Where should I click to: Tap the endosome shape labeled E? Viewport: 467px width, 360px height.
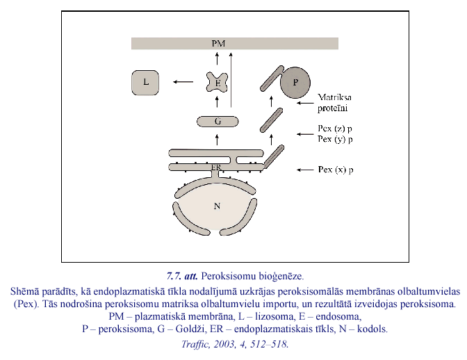(x=218, y=83)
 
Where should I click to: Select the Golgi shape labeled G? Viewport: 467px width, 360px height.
(x=218, y=122)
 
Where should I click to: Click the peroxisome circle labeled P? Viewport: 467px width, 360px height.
(x=297, y=83)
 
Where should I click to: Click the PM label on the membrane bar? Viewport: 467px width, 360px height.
(x=218, y=44)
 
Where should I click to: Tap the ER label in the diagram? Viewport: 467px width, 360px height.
(x=217, y=167)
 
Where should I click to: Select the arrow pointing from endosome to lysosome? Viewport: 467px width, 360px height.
(x=184, y=83)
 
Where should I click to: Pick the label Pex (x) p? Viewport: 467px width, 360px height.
(x=335, y=169)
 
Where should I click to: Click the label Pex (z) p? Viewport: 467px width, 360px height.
(x=334, y=129)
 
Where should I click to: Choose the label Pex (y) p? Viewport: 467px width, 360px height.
(x=334, y=139)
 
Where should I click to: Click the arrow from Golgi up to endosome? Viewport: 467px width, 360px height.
(x=218, y=102)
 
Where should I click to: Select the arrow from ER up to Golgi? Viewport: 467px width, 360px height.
(x=218, y=140)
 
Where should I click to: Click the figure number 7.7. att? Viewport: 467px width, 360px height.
(x=182, y=276)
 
